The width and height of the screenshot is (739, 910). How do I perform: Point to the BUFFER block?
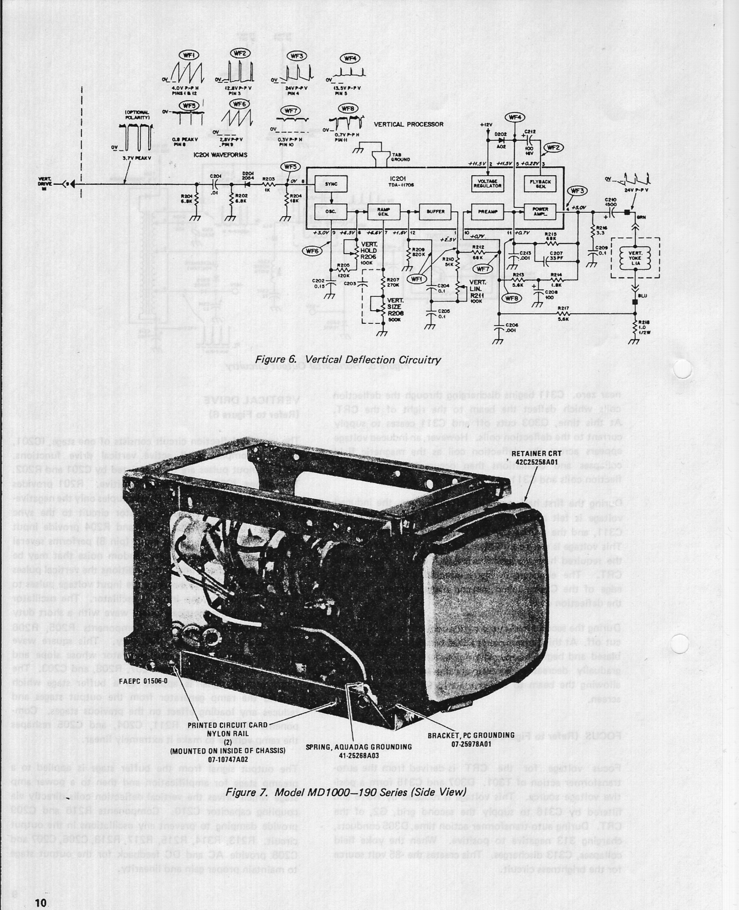[x=436, y=212]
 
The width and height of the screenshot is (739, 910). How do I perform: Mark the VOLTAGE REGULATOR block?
[x=487, y=183]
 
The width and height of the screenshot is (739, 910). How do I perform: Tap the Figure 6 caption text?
[x=347, y=360]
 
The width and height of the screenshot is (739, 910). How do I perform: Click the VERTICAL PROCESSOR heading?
[x=409, y=124]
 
